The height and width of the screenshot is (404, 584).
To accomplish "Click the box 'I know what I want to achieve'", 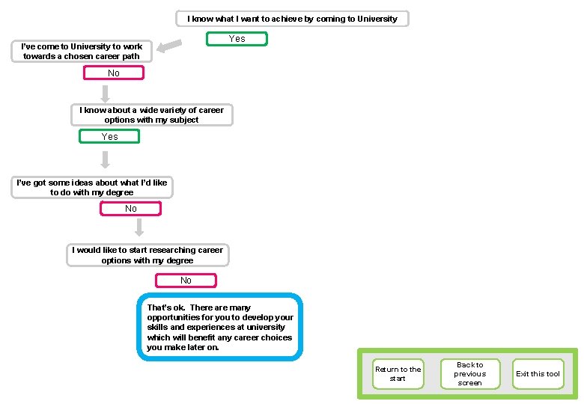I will pos(292,19).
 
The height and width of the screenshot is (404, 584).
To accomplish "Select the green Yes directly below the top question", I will pos(237,38).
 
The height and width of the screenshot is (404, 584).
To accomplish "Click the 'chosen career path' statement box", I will pos(82,51).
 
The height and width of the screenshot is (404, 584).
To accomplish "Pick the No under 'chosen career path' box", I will pos(113,73).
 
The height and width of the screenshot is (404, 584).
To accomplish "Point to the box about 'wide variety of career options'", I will pos(151,114).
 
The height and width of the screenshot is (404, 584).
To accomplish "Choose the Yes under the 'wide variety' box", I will pos(109,137).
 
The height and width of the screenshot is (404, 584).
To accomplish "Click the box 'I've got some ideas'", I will pos(91,187).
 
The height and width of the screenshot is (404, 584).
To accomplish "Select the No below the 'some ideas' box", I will pos(131,209).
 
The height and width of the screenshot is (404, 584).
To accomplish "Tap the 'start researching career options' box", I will pos(147,255).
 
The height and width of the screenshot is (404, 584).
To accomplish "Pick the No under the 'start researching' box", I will pos(186,281).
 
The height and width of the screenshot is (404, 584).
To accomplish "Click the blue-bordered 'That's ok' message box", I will pos(220,327).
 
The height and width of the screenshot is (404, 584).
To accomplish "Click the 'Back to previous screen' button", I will pos(469,374).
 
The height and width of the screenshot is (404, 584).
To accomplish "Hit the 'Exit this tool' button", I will pos(538,374).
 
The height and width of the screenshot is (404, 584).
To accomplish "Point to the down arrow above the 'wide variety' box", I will pos(106,93).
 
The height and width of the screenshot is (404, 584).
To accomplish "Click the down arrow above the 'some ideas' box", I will pos(106,159).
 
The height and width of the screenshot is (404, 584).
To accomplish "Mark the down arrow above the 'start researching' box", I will pos(139,227).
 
